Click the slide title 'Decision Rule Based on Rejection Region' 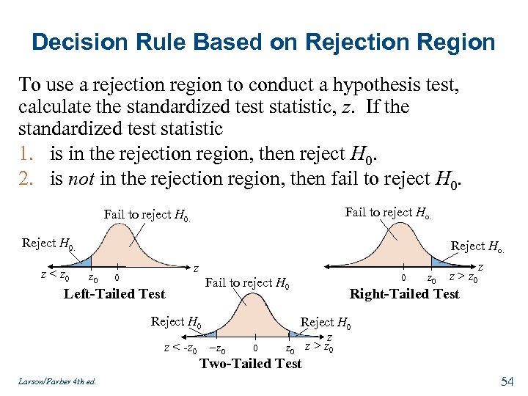point(264,42)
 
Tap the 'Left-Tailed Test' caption point(115,294)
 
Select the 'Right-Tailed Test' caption point(404,294)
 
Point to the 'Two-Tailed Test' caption point(251,363)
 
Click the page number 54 point(506,381)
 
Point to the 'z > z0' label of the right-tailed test point(463,277)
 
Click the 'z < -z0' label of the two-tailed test point(180,348)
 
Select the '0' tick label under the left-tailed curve point(117,277)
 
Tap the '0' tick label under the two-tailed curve point(254,348)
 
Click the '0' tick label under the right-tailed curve point(403,278)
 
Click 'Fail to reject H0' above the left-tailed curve point(147,215)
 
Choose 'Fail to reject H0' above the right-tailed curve point(388,213)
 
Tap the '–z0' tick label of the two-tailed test point(217,348)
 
